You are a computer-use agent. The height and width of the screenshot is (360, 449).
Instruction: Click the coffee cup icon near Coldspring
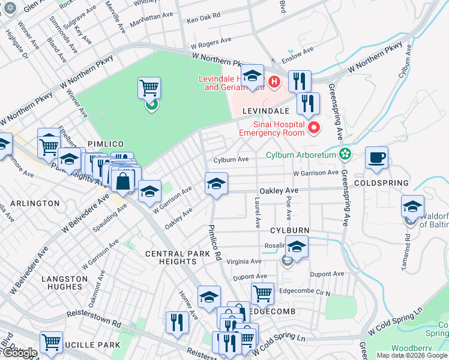click(x=376, y=158)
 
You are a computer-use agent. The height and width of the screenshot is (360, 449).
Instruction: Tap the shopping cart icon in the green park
click(x=149, y=88)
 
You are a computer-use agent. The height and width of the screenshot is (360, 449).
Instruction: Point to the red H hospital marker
click(x=274, y=82)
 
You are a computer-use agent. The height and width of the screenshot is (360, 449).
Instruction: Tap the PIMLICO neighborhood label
click(x=105, y=144)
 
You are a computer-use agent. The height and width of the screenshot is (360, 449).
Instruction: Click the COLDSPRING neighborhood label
click(x=382, y=182)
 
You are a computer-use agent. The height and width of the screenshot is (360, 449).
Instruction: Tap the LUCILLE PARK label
click(x=90, y=346)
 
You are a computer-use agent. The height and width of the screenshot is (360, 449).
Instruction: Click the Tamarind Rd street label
click(x=408, y=241)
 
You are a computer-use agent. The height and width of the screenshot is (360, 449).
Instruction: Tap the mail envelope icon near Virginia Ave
click(x=288, y=260)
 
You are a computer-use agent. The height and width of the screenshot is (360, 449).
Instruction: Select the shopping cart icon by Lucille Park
click(x=51, y=342)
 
